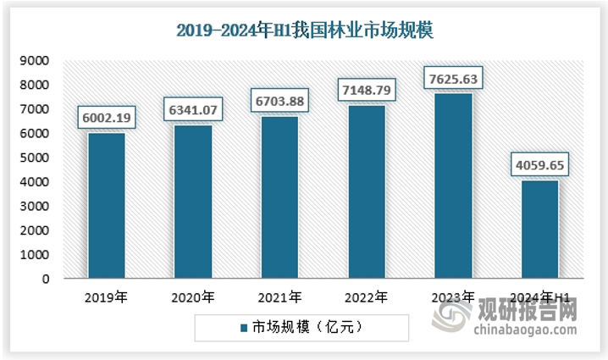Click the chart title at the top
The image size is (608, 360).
(304, 31)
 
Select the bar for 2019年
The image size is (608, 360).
(106, 206)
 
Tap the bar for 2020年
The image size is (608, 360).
(193, 202)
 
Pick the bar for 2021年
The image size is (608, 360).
(279, 197)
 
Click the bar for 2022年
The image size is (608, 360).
(367, 191)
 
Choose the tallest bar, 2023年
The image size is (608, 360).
(453, 186)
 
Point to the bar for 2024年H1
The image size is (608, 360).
(539, 230)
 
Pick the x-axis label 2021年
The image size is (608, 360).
(279, 297)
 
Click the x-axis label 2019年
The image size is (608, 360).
(106, 297)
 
